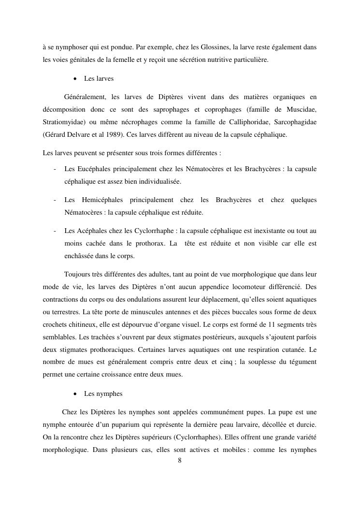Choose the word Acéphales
[89, 231]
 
